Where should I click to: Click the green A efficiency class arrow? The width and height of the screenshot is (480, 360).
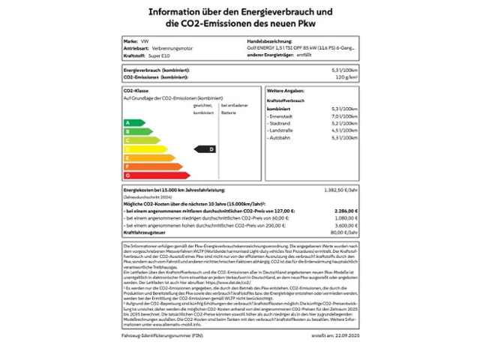(x=133, y=122)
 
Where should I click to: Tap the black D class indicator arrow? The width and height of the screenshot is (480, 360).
(x=205, y=149)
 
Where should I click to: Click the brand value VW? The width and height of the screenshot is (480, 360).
(x=145, y=40)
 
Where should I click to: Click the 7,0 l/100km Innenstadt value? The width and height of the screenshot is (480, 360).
(x=343, y=116)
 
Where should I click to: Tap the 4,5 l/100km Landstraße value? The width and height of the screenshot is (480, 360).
(x=343, y=130)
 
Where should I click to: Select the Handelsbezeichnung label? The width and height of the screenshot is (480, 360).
(x=269, y=40)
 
